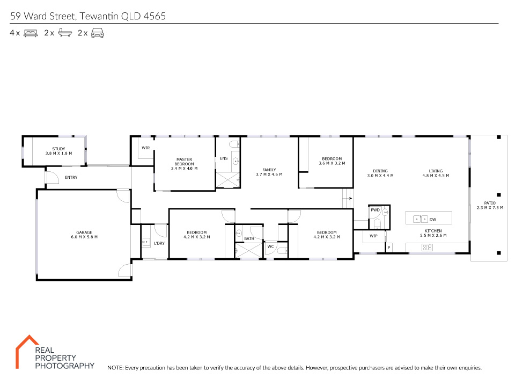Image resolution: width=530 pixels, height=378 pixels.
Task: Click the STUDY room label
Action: click(x=59, y=149)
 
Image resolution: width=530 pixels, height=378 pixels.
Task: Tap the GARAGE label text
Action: click(x=84, y=232)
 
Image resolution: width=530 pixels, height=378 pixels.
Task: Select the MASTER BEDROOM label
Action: click(x=184, y=162)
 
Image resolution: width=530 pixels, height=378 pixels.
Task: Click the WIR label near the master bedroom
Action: click(x=146, y=148)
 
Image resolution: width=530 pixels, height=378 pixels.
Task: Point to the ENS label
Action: click(x=224, y=158)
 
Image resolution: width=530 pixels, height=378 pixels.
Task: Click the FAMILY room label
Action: click(x=269, y=170)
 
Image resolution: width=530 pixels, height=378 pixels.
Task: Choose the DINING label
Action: click(x=380, y=171)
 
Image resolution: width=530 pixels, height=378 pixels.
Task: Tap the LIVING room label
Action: click(x=436, y=171)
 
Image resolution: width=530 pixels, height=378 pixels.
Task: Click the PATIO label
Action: click(x=490, y=203)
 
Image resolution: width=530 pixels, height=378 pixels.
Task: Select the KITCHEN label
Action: click(x=433, y=231)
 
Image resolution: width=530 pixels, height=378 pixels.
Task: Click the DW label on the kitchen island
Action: click(x=433, y=220)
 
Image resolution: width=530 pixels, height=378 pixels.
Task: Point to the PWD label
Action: click(x=375, y=210)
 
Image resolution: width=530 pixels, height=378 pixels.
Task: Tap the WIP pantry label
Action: click(x=373, y=236)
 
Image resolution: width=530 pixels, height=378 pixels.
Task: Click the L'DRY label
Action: click(x=159, y=243)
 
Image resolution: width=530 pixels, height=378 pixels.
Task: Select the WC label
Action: click(x=271, y=246)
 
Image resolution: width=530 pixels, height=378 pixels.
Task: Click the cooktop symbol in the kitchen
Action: click(x=427, y=248)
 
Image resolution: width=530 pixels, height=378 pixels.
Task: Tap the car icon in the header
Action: click(x=97, y=33)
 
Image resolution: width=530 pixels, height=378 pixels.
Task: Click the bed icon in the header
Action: click(x=31, y=33)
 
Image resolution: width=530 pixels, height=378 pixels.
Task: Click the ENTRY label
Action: click(x=71, y=177)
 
